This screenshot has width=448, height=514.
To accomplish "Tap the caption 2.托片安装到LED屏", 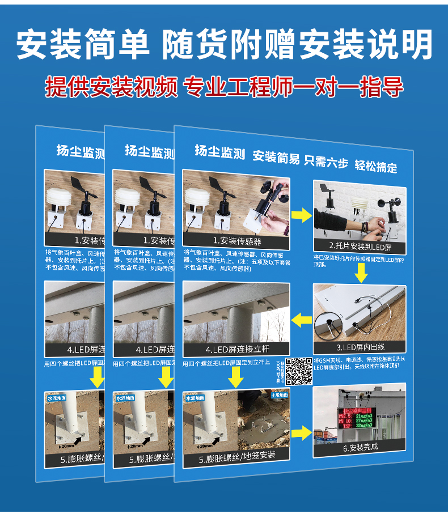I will click(x=360, y=247).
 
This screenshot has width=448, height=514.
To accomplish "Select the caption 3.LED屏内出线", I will click(x=360, y=347).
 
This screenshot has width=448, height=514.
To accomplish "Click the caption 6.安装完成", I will click(x=360, y=447).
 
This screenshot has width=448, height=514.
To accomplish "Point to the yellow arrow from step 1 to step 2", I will click(x=301, y=215).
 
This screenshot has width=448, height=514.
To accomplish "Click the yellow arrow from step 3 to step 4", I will click(x=301, y=321).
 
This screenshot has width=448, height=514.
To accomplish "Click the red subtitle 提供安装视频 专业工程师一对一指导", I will click(x=224, y=87).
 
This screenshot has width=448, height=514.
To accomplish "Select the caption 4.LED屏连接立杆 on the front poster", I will click(x=236, y=350).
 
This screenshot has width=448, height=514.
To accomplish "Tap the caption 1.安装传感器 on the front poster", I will click(x=236, y=241).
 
